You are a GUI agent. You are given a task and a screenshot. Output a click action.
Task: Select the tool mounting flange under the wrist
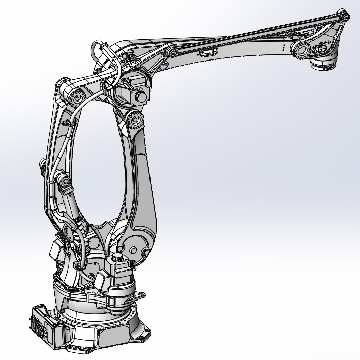point(323,65)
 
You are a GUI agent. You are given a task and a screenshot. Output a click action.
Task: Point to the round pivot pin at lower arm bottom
point(133,250)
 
